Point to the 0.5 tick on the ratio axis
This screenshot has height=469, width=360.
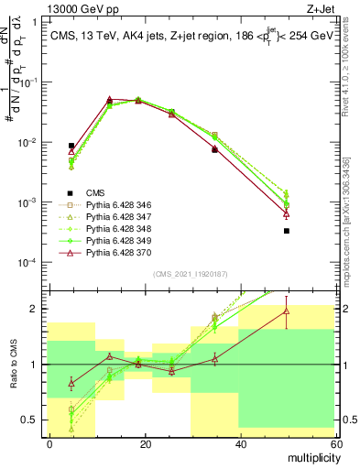(x=32, y=420)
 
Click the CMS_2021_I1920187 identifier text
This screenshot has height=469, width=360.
(x=191, y=274)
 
